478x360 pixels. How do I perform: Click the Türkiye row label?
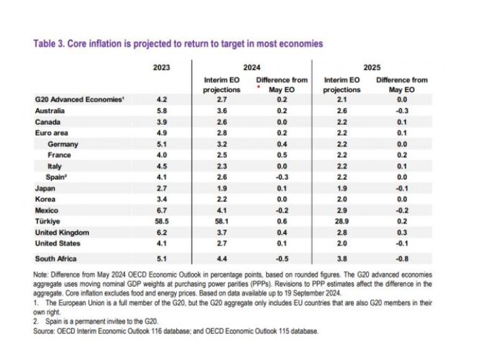(x=47, y=221)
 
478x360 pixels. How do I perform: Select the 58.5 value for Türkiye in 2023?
(x=162, y=221)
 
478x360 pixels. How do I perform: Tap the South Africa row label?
(x=56, y=258)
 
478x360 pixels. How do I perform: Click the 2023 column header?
(x=162, y=67)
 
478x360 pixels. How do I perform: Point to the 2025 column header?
(x=372, y=67)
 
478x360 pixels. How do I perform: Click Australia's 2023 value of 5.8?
(x=162, y=110)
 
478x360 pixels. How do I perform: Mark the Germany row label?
(x=62, y=144)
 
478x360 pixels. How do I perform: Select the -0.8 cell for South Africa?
(x=401, y=258)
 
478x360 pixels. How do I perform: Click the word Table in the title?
(x=45, y=43)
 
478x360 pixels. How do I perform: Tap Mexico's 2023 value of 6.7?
(x=162, y=211)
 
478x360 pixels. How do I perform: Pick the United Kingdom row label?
(x=62, y=232)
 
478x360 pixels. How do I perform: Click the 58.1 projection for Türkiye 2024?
(x=222, y=221)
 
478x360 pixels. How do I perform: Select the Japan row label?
(x=45, y=188)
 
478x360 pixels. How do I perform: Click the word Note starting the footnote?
(x=43, y=274)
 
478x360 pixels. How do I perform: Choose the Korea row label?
(x=45, y=200)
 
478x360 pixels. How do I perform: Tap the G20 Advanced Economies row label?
(x=79, y=99)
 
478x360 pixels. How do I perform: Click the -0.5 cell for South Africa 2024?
(x=282, y=258)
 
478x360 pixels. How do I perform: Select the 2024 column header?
(x=252, y=67)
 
